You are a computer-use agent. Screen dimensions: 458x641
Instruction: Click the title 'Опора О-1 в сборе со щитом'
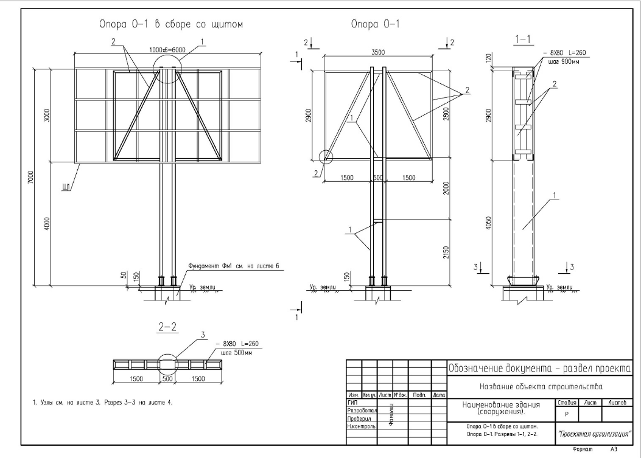(172, 25)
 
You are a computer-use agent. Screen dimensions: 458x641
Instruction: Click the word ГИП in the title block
(352, 403)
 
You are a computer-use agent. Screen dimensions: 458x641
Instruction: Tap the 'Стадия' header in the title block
(566, 403)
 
